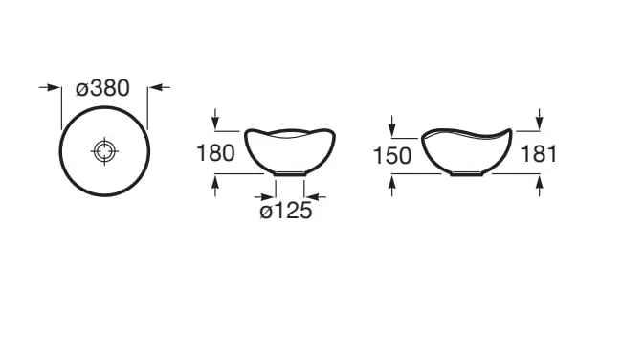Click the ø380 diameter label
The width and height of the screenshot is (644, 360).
[x=102, y=88]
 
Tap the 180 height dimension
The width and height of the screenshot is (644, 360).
[x=215, y=153]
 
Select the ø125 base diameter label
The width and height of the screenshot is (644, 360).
[x=286, y=212]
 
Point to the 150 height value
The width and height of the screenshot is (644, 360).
[x=391, y=156]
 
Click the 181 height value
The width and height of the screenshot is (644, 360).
[x=539, y=154]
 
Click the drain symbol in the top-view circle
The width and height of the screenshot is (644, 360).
[x=104, y=151]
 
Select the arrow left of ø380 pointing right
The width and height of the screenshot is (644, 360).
[x=50, y=87]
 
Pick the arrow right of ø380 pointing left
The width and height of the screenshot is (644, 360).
[x=159, y=87]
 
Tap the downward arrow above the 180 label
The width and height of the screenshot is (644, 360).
[x=215, y=119]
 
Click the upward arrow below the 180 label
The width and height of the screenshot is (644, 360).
[x=215, y=186]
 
